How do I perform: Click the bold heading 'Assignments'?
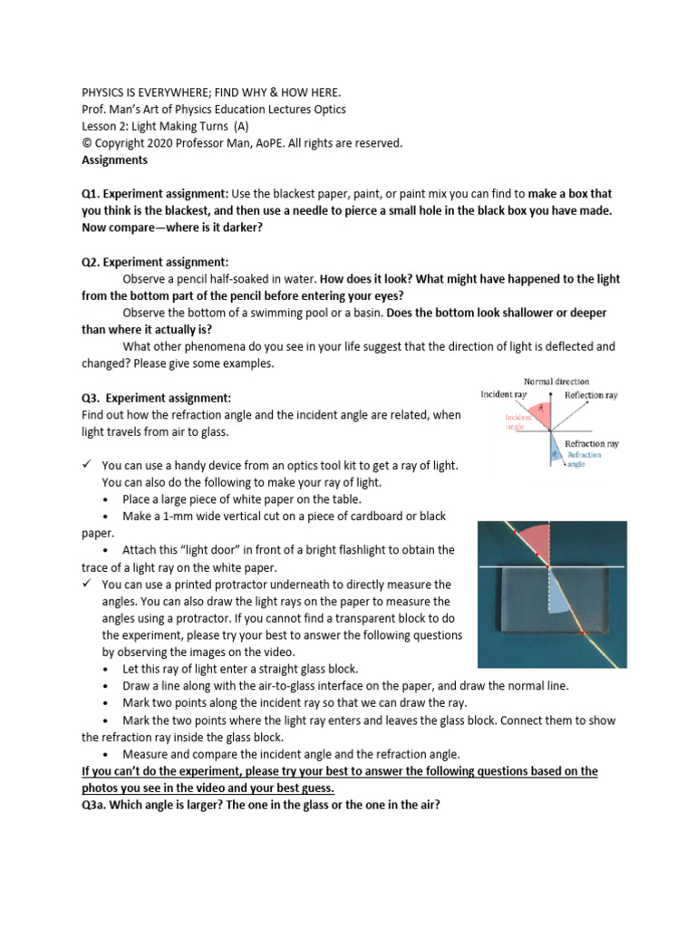pos(113,159)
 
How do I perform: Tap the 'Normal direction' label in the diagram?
pos(556,382)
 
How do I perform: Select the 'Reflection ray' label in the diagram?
pos(591,395)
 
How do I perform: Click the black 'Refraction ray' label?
pos(591,444)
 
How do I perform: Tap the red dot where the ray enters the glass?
pos(548,566)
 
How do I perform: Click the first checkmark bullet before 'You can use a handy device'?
pos(87,465)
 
